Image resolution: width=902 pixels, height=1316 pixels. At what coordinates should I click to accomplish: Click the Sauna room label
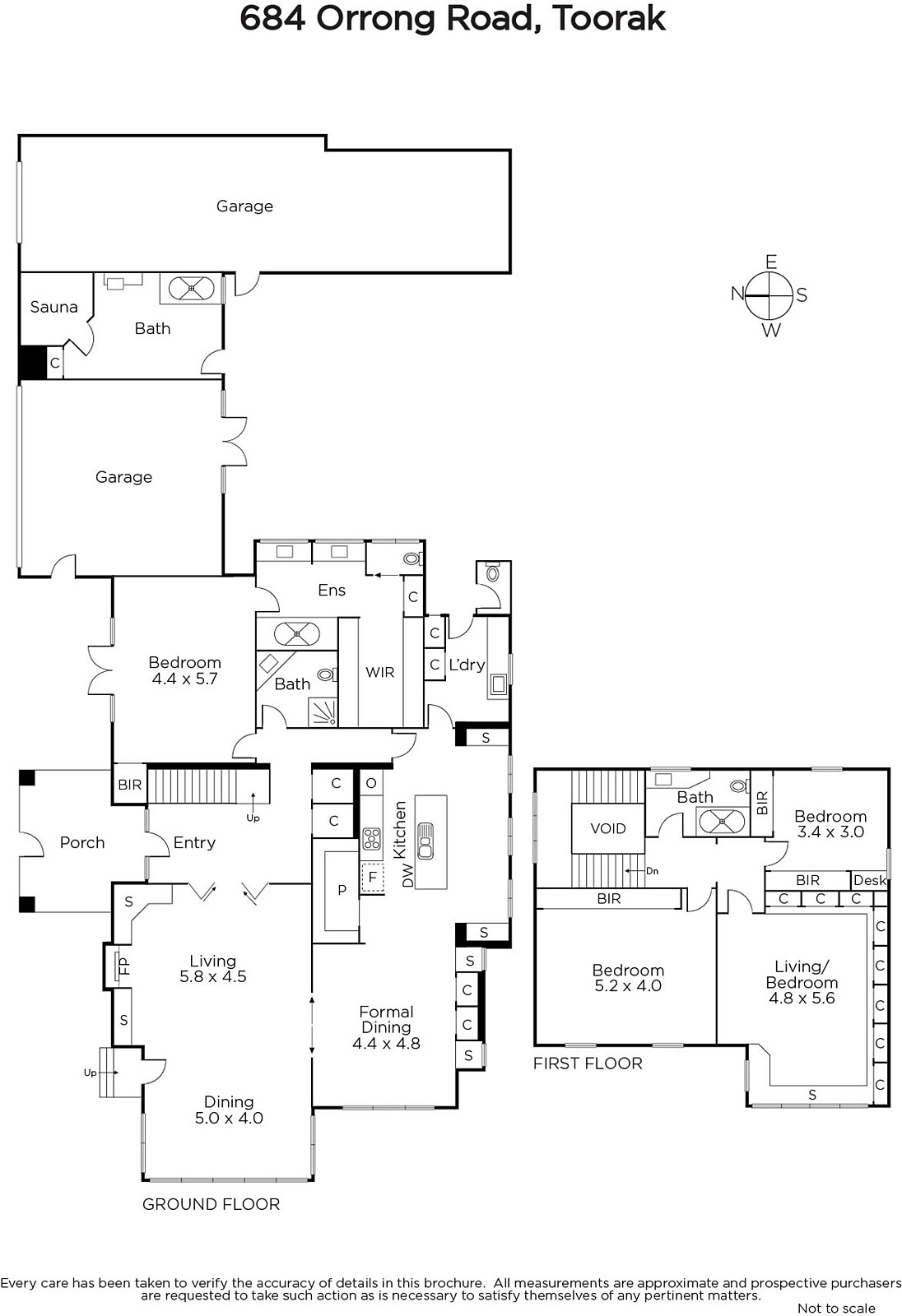coord(54,307)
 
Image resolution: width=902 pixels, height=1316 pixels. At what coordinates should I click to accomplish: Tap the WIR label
coord(380,672)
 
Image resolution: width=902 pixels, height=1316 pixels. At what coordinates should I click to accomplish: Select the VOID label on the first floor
coord(608,828)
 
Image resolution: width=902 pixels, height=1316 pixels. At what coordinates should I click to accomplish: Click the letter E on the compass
coord(771,262)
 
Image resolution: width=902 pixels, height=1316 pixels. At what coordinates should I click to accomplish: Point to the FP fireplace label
coord(124,966)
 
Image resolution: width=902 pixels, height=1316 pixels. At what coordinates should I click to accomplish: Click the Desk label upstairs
coord(870,880)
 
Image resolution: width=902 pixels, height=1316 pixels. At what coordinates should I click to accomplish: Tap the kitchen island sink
coord(425,841)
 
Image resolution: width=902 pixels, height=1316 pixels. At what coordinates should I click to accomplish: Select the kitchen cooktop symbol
coord(371,838)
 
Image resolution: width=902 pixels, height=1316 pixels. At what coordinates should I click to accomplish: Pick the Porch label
coord(82,842)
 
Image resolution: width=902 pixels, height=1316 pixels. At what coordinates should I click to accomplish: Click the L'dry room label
coord(467,665)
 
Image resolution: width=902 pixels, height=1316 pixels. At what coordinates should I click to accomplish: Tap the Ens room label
coord(332,590)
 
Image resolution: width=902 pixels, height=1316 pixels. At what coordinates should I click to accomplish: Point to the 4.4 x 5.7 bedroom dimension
coord(184,679)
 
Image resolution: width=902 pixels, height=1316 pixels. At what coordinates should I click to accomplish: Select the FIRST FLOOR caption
coord(588,1063)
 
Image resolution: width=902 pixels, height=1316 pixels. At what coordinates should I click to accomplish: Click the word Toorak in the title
coord(610,19)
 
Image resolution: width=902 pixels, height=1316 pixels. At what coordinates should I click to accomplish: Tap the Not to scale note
coord(836,1308)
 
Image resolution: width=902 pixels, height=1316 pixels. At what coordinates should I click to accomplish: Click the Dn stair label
coord(652,871)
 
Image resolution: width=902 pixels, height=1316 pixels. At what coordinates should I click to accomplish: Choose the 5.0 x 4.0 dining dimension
coord(229,1118)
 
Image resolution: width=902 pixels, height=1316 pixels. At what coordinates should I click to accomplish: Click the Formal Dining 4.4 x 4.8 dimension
coord(386,1044)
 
